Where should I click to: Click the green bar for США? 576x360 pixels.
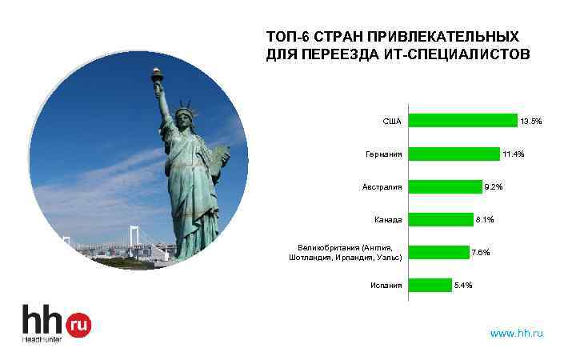click(x=463, y=121)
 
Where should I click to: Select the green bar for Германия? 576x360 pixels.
click(x=454, y=154)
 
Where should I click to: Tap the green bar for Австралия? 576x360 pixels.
click(x=446, y=187)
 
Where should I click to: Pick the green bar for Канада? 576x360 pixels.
click(x=441, y=219)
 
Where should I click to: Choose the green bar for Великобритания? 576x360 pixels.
click(x=439, y=253)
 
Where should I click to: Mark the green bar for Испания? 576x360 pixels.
click(x=430, y=285)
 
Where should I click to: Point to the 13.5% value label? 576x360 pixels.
click(x=531, y=122)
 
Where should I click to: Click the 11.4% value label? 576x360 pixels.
click(x=514, y=154)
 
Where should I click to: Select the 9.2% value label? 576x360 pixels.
click(x=494, y=187)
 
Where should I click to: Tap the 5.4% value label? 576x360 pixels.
click(x=463, y=285)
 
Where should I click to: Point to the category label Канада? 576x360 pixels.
click(x=388, y=219)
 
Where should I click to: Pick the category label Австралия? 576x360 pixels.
click(x=382, y=187)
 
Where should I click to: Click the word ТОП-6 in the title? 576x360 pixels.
click(x=286, y=38)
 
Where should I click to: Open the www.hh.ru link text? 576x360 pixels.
click(x=516, y=333)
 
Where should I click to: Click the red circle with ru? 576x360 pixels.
click(x=78, y=324)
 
